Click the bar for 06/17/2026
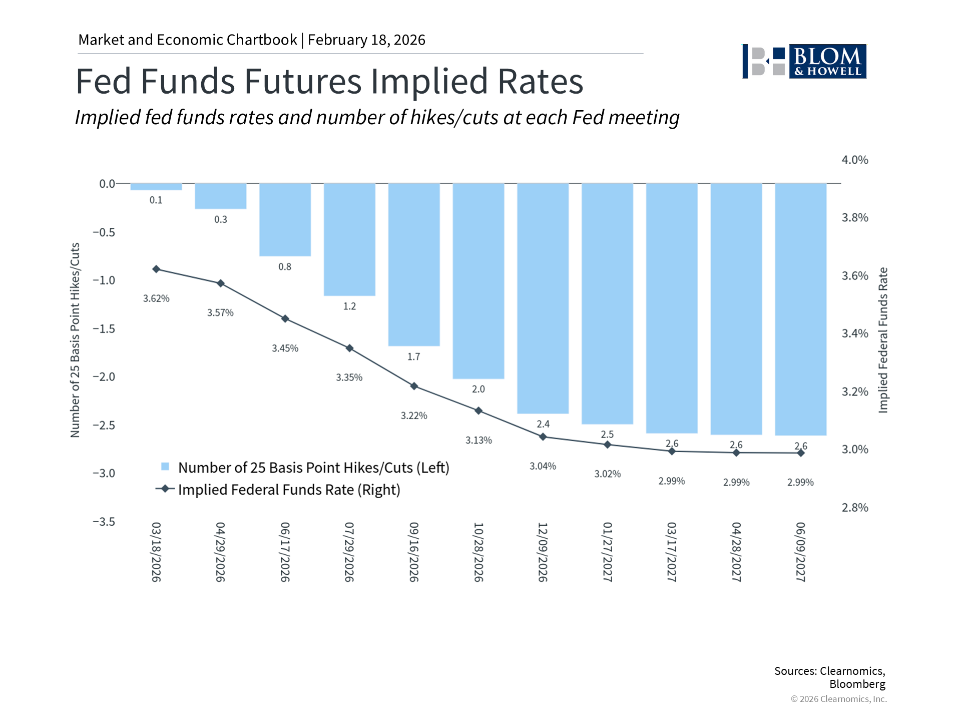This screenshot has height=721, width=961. click(x=285, y=220)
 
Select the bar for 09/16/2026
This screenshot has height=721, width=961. click(x=414, y=264)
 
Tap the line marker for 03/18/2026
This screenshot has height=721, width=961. click(x=156, y=269)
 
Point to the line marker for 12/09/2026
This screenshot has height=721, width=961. click(x=543, y=437)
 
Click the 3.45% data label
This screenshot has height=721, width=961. click(x=285, y=348)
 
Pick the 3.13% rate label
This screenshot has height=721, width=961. click(x=478, y=441)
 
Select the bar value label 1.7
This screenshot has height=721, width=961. click(x=414, y=357)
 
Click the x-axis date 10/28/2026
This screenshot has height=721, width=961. click(x=478, y=552)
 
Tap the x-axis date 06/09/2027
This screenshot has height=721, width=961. click(x=801, y=552)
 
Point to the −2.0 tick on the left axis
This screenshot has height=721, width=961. click(x=104, y=377)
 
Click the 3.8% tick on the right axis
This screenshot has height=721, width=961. click(x=855, y=218)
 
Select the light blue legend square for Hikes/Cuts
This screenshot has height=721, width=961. click(x=165, y=467)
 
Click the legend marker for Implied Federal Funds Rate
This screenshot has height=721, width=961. click(x=165, y=489)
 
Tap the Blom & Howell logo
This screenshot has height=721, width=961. click(x=804, y=62)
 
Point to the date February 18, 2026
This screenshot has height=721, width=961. click(x=366, y=40)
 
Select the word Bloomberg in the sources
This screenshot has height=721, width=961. click(x=857, y=684)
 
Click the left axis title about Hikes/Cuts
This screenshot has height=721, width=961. click(x=75, y=340)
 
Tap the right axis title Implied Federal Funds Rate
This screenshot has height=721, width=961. click(x=883, y=340)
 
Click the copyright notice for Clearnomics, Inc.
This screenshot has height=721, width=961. click(x=839, y=699)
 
